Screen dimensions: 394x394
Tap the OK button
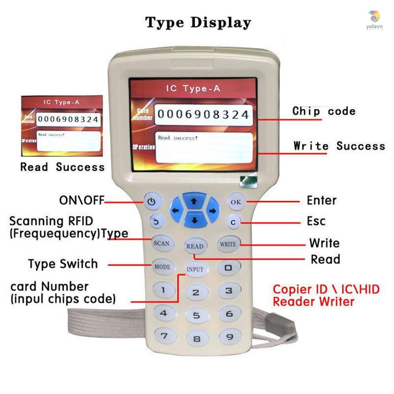click(x=236, y=202)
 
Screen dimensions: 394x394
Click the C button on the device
click(x=233, y=222)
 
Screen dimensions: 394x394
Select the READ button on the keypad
click(x=195, y=246)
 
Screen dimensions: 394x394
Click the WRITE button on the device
click(x=228, y=244)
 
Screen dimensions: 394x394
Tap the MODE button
click(x=162, y=266)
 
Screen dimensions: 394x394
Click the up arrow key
click(x=193, y=201)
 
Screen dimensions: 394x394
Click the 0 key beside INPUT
click(x=228, y=268)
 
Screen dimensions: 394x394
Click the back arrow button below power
click(x=155, y=222)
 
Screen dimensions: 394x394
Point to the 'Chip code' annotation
click(x=324, y=111)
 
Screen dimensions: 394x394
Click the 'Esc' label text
click(x=316, y=221)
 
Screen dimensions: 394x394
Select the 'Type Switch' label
click(x=63, y=264)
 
